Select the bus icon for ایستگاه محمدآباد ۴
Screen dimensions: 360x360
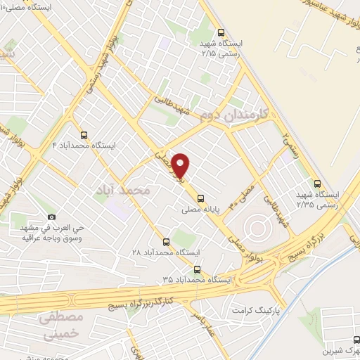coord(85,134)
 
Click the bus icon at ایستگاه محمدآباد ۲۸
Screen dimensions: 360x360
coord(167,240)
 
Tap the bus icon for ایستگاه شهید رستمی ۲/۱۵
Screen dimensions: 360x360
coord(222,32)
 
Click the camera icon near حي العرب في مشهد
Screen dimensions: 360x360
coord(51,217)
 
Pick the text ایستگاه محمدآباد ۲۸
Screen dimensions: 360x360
coord(167,252)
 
